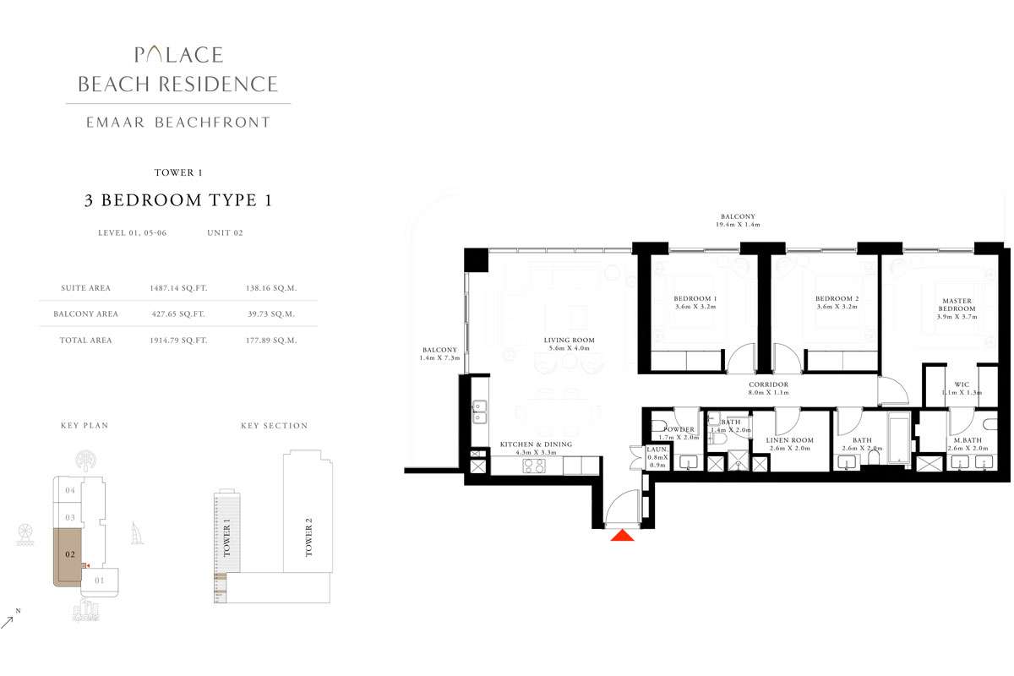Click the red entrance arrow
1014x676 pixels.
point(622,535)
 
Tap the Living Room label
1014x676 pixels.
point(569,341)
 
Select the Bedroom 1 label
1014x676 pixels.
point(695,299)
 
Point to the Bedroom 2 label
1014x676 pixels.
point(837,299)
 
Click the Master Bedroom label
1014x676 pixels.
point(957,305)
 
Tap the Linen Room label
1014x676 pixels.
point(789,440)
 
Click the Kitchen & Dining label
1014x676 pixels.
point(536,444)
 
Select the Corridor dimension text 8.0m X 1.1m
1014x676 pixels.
point(768,393)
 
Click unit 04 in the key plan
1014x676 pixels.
point(71,490)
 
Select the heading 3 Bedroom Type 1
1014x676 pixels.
point(177,200)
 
